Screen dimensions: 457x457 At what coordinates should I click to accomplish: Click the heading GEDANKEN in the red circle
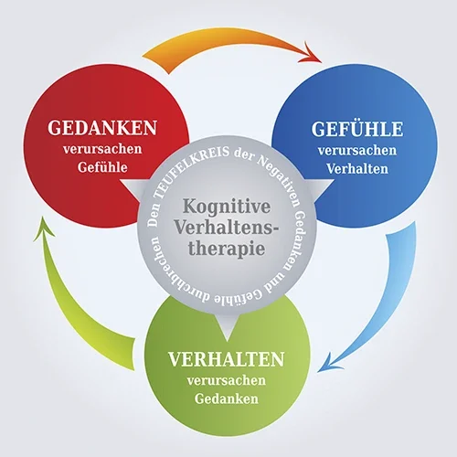(102, 128)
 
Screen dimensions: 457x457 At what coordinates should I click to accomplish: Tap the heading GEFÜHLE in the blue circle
(357, 129)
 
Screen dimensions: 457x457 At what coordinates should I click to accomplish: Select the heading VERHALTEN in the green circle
(227, 359)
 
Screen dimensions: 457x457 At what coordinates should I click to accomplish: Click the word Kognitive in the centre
(227, 207)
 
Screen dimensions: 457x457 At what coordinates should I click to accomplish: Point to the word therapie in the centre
(227, 250)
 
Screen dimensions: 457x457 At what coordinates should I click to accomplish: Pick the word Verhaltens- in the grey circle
(227, 228)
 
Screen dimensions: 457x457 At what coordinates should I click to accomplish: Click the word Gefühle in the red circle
(102, 167)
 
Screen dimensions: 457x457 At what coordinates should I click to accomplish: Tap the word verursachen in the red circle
(102, 149)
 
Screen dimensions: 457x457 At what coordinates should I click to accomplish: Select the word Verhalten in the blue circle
(357, 169)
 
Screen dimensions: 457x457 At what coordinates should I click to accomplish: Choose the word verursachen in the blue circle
(357, 151)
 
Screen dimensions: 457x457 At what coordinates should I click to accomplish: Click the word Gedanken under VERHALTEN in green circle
(227, 399)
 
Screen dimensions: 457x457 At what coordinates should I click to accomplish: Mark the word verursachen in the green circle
(227, 380)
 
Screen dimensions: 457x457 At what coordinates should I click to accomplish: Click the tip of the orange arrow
(322, 62)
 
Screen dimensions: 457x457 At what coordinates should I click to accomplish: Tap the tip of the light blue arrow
(317, 372)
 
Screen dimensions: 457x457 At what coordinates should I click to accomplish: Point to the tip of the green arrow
(42, 217)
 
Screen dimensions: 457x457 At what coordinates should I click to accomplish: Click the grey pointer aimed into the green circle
(227, 326)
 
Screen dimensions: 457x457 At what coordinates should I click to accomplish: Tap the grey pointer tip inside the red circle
(120, 180)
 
